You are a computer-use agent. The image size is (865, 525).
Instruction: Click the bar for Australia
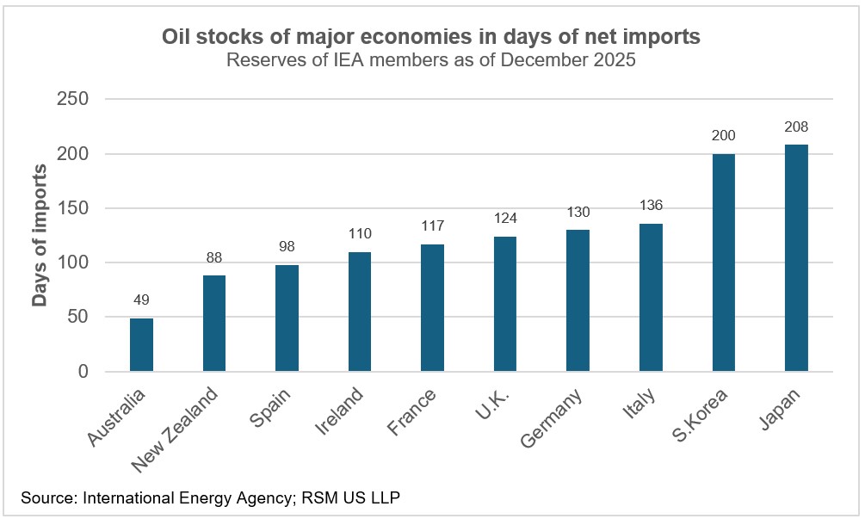point(141,344)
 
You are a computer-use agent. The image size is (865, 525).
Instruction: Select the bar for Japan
point(796,258)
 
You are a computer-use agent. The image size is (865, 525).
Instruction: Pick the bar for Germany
point(578,300)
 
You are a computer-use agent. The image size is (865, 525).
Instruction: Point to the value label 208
point(796,127)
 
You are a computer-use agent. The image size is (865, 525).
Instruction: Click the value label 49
point(141,300)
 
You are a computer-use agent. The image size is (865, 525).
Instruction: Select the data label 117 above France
point(432,226)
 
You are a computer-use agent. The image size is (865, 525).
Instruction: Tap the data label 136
point(651,206)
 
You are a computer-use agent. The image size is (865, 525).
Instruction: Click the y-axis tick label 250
point(72,100)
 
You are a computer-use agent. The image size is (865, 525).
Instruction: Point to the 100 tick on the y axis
point(72,262)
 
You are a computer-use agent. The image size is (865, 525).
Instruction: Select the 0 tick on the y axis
point(83,372)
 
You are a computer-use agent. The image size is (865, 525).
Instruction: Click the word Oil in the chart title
point(176,37)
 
